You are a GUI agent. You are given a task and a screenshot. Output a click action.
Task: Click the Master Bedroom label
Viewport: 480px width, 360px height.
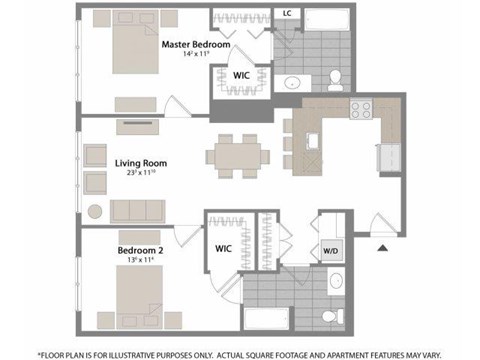196,45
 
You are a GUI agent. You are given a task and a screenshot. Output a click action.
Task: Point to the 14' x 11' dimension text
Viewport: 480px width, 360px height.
196,56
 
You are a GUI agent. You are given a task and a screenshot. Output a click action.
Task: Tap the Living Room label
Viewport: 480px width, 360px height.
140,162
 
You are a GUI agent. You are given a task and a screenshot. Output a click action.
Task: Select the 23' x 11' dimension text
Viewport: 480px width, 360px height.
141,173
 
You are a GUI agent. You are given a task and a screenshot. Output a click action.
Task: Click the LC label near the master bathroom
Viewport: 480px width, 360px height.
286,14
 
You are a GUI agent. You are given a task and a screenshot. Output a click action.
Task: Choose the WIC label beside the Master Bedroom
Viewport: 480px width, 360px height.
241,75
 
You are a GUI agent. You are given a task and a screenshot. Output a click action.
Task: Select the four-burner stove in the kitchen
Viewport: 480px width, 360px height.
359,111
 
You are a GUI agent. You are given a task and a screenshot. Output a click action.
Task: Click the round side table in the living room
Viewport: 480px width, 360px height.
95,211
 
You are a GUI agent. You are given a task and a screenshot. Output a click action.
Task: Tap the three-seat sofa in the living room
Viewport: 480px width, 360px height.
138,209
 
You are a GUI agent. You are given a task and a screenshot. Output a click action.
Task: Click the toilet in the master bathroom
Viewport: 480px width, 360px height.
335,77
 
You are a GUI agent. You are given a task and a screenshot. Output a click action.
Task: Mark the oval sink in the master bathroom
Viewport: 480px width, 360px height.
294,82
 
